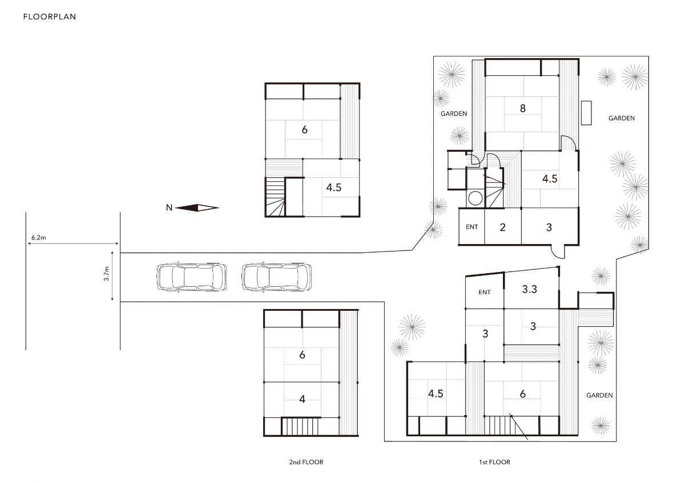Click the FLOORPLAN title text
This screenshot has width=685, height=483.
(50, 17)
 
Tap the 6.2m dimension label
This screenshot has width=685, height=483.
(39, 237)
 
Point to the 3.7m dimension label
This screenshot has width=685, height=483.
(106, 273)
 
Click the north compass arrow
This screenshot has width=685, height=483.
(197, 208)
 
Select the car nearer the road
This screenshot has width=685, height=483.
(192, 277)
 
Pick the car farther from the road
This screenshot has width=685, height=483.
(277, 277)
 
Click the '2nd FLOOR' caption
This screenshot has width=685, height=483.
(306, 462)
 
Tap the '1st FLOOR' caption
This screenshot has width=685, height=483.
(494, 462)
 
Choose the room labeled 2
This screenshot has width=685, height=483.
(503, 226)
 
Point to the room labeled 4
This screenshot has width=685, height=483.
(301, 400)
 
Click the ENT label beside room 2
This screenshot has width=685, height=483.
(472, 227)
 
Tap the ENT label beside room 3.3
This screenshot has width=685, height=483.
(485, 293)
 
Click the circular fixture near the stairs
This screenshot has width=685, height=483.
(475, 198)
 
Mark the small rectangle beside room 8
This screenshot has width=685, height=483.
(586, 113)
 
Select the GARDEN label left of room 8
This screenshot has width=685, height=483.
(454, 113)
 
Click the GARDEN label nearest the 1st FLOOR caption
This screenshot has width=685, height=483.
(599, 395)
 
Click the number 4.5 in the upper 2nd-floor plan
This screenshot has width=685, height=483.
(333, 187)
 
